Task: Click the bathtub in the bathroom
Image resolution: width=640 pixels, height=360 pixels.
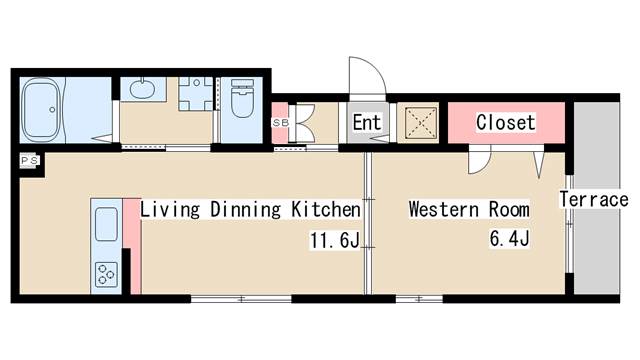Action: click(x=42, y=110)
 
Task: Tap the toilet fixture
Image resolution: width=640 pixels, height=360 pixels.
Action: click(x=242, y=98)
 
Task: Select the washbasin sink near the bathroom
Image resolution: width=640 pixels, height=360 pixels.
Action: click(x=143, y=89)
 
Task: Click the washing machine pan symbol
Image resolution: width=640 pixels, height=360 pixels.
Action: click(x=196, y=94)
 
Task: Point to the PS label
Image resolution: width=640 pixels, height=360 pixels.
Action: click(x=30, y=160)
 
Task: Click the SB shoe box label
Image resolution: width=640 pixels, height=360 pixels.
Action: click(x=280, y=122)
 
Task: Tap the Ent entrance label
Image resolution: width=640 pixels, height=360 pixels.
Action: click(x=367, y=122)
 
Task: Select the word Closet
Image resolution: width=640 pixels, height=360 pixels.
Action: click(x=506, y=122)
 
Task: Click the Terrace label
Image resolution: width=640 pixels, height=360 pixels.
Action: click(x=594, y=200)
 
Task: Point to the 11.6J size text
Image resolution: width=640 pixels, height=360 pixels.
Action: click(x=335, y=240)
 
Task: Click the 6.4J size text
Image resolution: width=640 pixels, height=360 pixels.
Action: click(x=509, y=238)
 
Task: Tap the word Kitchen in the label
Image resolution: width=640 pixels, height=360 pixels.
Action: click(x=326, y=209)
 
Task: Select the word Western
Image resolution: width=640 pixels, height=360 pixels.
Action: click(x=444, y=209)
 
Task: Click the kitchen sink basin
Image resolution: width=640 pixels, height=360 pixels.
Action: click(x=106, y=224)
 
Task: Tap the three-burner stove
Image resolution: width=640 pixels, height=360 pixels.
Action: click(x=106, y=274)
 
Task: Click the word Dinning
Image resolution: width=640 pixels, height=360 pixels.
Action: click(x=246, y=210)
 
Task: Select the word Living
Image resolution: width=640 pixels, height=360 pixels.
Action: click(x=170, y=210)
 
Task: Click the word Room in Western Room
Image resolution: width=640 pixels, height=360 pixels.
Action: click(x=509, y=209)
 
